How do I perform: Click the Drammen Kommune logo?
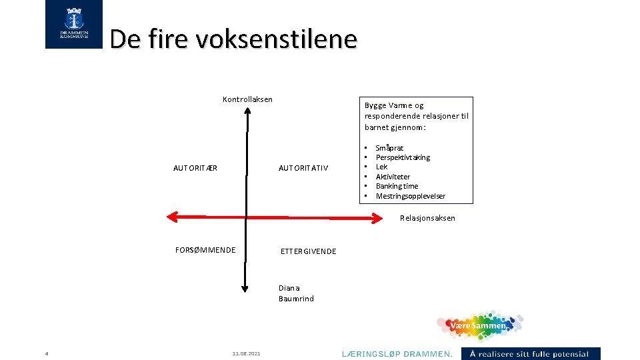pos(74,25)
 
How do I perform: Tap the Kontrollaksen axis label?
pos(247,100)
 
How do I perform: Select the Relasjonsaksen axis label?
pos(427,218)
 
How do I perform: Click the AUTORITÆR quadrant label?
pos(195,168)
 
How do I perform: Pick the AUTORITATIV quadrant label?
pos(303,168)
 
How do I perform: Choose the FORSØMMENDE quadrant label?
pos(205,250)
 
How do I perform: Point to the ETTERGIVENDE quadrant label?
pos(308,251)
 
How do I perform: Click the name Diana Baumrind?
pos(295,293)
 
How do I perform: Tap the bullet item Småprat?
pos(389,148)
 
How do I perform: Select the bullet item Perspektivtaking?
pos(403,157)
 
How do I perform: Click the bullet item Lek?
pos(381,167)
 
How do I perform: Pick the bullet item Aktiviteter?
pos(393,177)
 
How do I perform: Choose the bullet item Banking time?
pos(397,186)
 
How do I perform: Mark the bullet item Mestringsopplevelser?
pos(410,196)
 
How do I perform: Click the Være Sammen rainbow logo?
pos(479,326)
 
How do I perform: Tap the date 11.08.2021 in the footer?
pos(247,353)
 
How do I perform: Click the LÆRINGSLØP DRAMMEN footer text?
pos(397,353)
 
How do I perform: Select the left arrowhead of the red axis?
pos(172,216)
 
